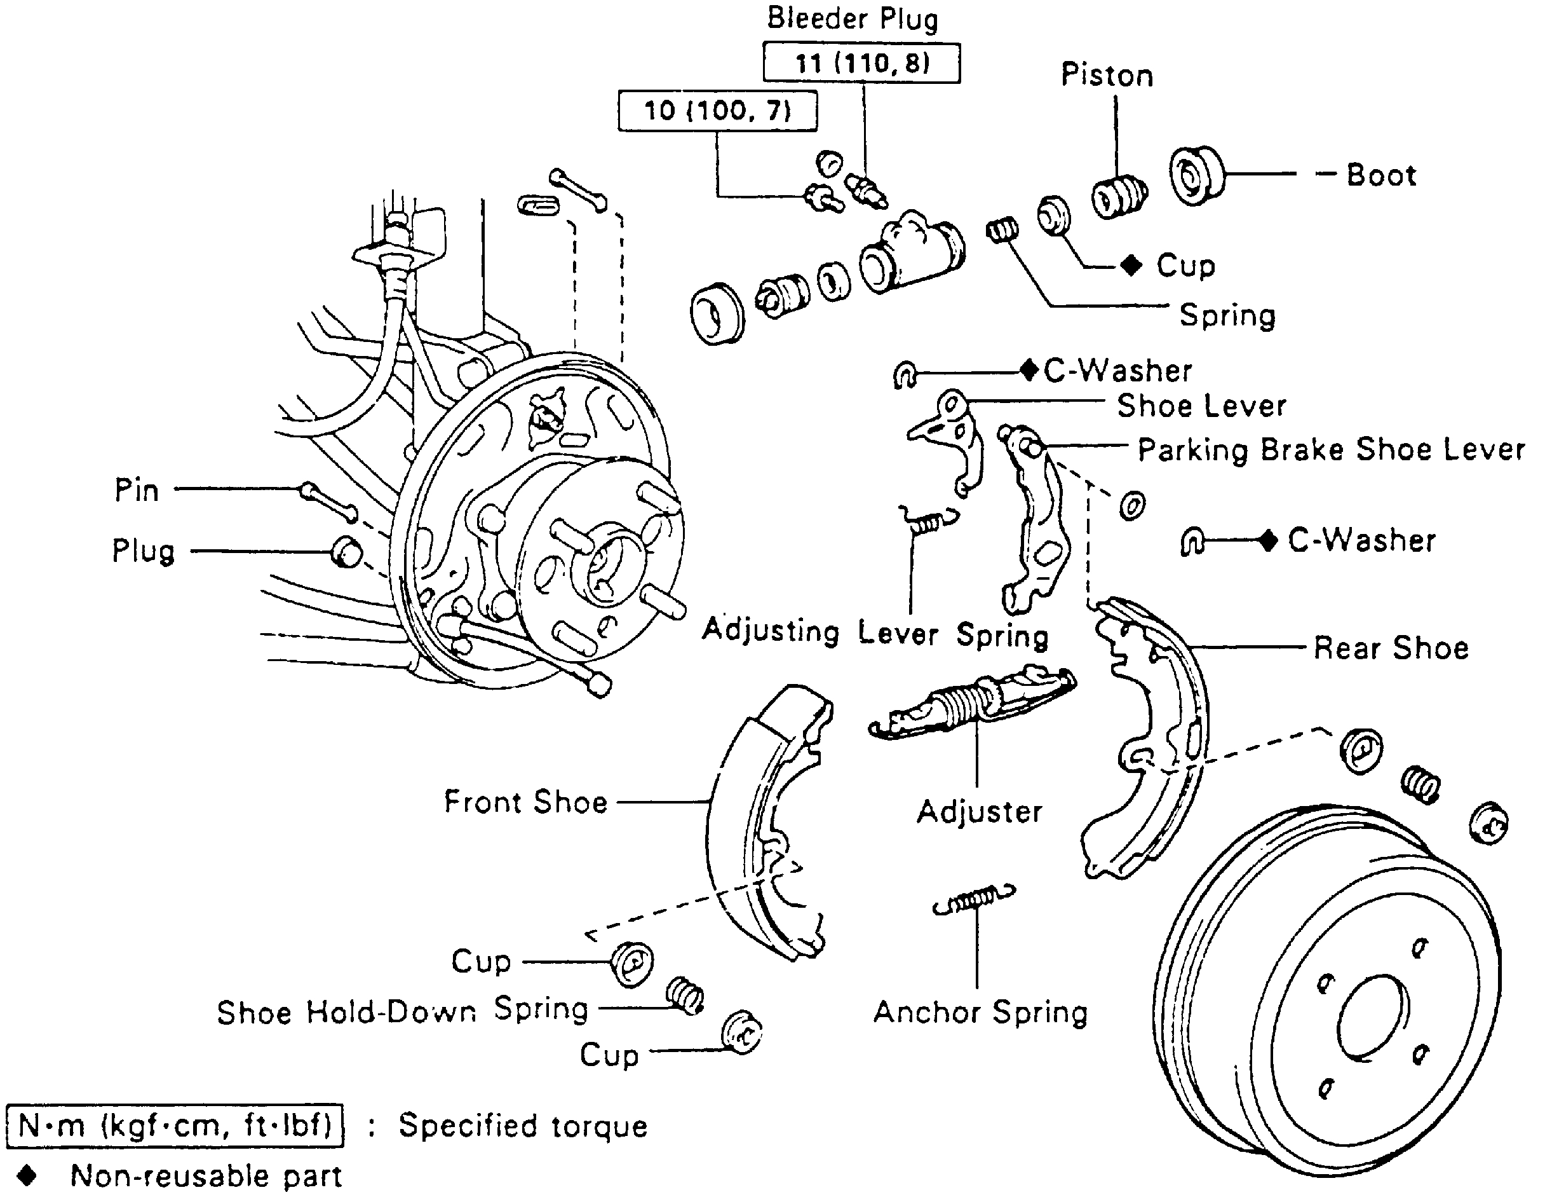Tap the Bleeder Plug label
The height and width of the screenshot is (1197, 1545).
point(853,19)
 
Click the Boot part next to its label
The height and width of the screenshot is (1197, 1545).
point(1196,176)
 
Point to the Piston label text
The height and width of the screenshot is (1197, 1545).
point(1107,76)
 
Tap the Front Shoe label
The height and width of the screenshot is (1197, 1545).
point(525,802)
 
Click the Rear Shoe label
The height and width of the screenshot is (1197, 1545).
point(1391,648)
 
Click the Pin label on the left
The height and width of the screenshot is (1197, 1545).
point(137,490)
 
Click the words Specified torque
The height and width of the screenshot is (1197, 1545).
point(523,1126)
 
